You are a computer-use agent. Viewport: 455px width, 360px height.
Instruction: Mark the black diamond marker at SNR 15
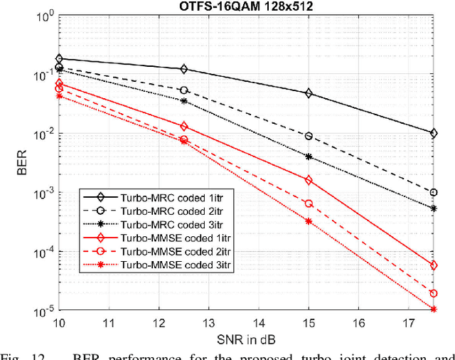[309, 93]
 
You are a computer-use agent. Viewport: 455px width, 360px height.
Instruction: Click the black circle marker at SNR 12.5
[184, 90]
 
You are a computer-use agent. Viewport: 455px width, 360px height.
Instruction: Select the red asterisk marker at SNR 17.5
[434, 309]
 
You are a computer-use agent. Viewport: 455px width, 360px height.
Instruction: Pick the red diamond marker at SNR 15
[309, 180]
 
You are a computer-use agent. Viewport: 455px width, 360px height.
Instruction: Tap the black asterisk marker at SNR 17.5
[434, 208]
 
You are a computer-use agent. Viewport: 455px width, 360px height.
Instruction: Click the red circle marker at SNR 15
[309, 203]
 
